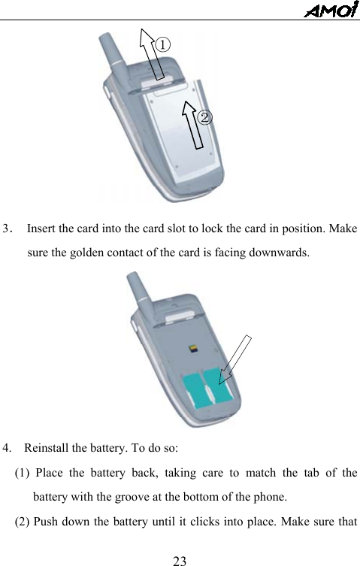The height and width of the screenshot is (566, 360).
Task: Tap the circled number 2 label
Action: coord(204,117)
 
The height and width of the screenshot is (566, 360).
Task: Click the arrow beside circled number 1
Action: coord(153,53)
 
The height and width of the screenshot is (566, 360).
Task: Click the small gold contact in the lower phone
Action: coord(195,348)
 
